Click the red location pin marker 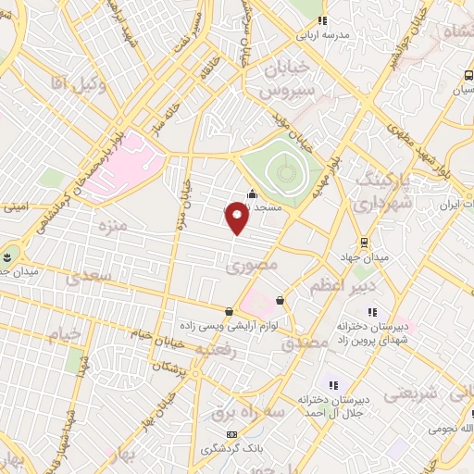(237, 218)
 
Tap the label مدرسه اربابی (321, 36)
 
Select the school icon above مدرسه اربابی (321, 20)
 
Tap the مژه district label (108, 226)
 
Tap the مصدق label (310, 342)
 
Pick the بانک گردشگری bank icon (231, 434)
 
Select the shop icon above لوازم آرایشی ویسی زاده (230, 311)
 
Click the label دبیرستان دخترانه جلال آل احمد (331, 405)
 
